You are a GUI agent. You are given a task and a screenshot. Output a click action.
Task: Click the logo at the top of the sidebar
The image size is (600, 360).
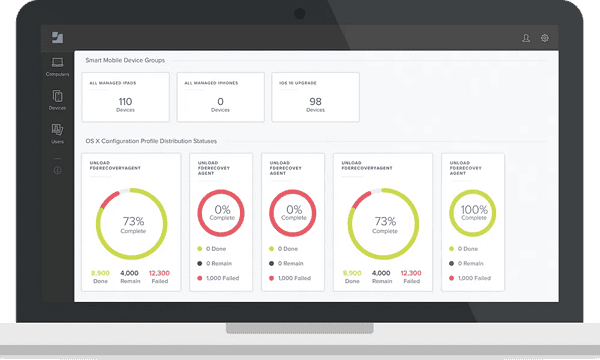[x=58, y=38]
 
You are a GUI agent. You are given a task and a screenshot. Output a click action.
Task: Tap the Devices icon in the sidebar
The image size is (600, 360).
[x=58, y=97]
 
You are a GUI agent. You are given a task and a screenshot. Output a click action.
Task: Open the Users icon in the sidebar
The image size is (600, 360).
[x=58, y=130]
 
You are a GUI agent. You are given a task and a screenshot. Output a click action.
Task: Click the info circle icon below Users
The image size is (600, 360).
[x=58, y=170]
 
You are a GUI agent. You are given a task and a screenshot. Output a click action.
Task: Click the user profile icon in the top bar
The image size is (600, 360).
[x=526, y=38]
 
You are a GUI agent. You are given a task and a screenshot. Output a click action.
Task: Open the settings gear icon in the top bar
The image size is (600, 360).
[x=545, y=38]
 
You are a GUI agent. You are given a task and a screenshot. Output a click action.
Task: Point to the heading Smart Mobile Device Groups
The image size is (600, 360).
[x=126, y=61]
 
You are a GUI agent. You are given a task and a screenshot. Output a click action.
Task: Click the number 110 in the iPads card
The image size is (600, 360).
[x=126, y=101]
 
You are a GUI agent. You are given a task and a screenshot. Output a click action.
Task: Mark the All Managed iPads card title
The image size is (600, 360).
[x=111, y=83]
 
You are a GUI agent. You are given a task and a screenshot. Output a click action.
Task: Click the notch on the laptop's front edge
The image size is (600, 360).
[x=299, y=327]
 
